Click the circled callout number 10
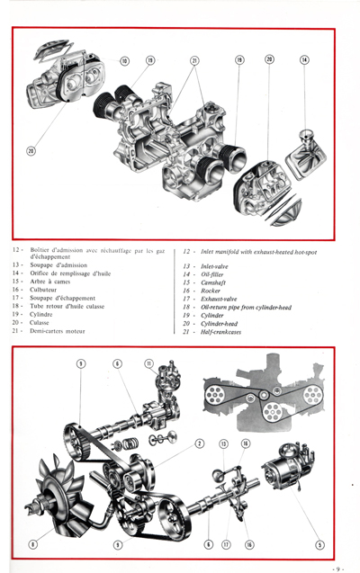click(x=124, y=61)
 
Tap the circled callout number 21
click(x=194, y=61)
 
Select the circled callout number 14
click(x=304, y=59)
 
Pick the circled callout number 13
click(x=224, y=443)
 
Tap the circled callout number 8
click(x=33, y=543)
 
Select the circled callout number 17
click(x=225, y=544)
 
